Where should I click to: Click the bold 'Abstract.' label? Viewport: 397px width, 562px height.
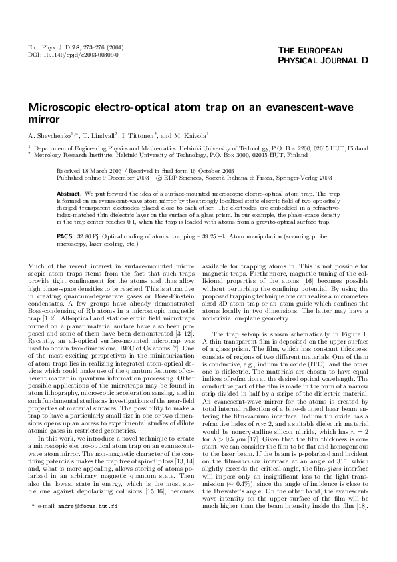click(x=70, y=191)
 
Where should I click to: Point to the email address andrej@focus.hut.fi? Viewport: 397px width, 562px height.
click(x=76, y=545)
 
